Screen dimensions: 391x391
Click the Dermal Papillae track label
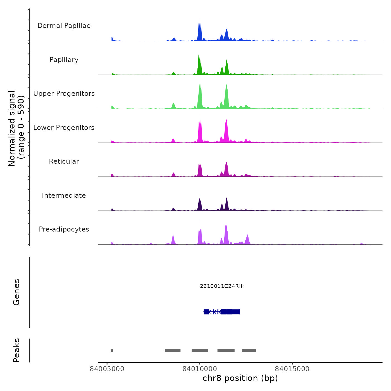point(64,26)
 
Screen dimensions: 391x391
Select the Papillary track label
point(64,60)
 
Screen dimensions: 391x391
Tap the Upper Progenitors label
point(64,94)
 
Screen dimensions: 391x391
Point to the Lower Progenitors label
point(64,128)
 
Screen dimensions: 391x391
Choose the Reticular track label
point(64,161)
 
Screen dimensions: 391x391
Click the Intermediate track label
point(64,195)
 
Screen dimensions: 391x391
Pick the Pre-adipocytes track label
point(64,229)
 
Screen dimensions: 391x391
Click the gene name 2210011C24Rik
point(222,286)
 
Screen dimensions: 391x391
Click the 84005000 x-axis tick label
point(107,369)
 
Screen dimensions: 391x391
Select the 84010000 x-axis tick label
point(199,369)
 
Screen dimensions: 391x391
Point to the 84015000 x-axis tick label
point(292,369)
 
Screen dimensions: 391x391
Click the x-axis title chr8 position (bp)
point(240,378)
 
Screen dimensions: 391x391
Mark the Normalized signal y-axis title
point(16,128)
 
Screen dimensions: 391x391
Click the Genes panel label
point(16,292)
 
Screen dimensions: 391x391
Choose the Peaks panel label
point(16,350)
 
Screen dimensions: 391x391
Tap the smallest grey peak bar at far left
point(112,351)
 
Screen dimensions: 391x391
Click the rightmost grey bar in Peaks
point(249,351)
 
